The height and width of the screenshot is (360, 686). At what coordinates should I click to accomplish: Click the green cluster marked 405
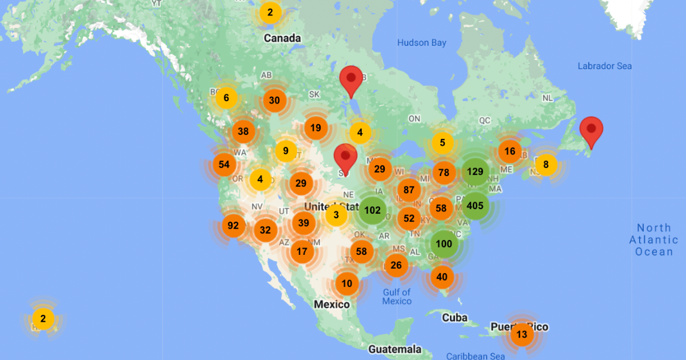[475, 206]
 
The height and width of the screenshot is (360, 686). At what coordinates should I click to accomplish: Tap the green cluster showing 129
[475, 171]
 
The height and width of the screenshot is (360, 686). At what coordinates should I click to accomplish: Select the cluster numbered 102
[372, 210]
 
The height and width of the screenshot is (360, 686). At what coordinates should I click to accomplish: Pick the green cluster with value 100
[444, 244]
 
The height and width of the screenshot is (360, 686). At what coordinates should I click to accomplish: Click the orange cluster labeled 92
[233, 225]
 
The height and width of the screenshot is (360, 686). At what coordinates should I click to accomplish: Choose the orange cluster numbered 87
[409, 190]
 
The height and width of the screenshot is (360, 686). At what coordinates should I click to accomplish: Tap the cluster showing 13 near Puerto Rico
[521, 334]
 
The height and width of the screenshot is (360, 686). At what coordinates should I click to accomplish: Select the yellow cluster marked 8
[546, 165]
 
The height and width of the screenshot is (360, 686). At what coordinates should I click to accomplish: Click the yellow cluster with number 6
[226, 98]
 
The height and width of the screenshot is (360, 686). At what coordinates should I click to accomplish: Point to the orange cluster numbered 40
[442, 277]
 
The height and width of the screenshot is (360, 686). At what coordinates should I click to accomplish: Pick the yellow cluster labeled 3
[336, 215]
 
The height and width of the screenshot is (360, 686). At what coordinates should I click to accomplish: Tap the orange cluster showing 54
[224, 165]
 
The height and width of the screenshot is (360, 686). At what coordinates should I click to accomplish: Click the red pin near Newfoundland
[591, 131]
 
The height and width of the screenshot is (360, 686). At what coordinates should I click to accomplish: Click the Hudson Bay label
[422, 43]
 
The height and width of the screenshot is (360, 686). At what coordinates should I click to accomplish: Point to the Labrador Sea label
[604, 66]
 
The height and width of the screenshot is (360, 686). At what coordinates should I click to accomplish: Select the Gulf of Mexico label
[397, 297]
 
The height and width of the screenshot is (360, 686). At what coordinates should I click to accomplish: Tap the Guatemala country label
[394, 349]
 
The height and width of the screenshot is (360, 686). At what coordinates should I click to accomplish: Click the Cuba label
[454, 318]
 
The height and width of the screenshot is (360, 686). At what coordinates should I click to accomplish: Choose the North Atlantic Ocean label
[653, 240]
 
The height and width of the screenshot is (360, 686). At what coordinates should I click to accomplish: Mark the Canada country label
[282, 38]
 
